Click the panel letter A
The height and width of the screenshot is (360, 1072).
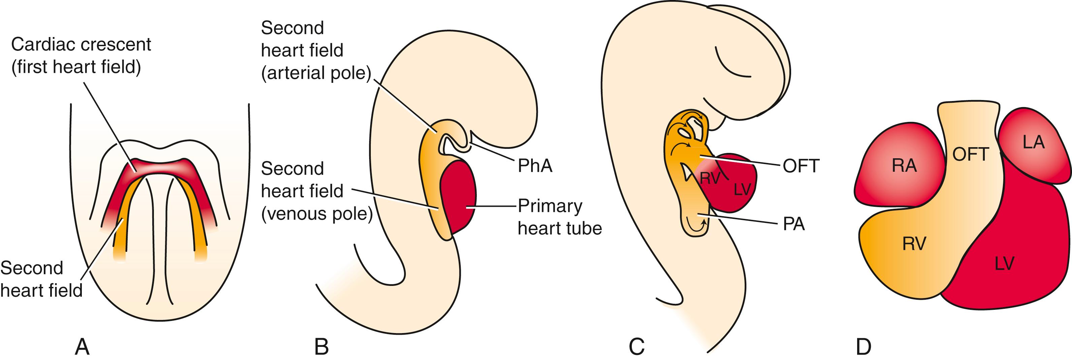82,346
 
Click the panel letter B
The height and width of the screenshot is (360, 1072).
321,346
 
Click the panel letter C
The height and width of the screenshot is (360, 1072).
637,346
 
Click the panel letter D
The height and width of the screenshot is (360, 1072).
864,346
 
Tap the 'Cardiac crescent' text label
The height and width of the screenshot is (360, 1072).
81,44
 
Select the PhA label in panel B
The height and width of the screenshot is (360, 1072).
535,166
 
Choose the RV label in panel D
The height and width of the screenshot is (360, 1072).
914,243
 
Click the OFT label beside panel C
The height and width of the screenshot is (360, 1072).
801,166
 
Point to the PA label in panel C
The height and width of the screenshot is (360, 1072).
793,224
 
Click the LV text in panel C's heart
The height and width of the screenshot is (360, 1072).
742,190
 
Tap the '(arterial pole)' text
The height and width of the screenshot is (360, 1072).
316,73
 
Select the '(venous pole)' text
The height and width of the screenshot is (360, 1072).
317,214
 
